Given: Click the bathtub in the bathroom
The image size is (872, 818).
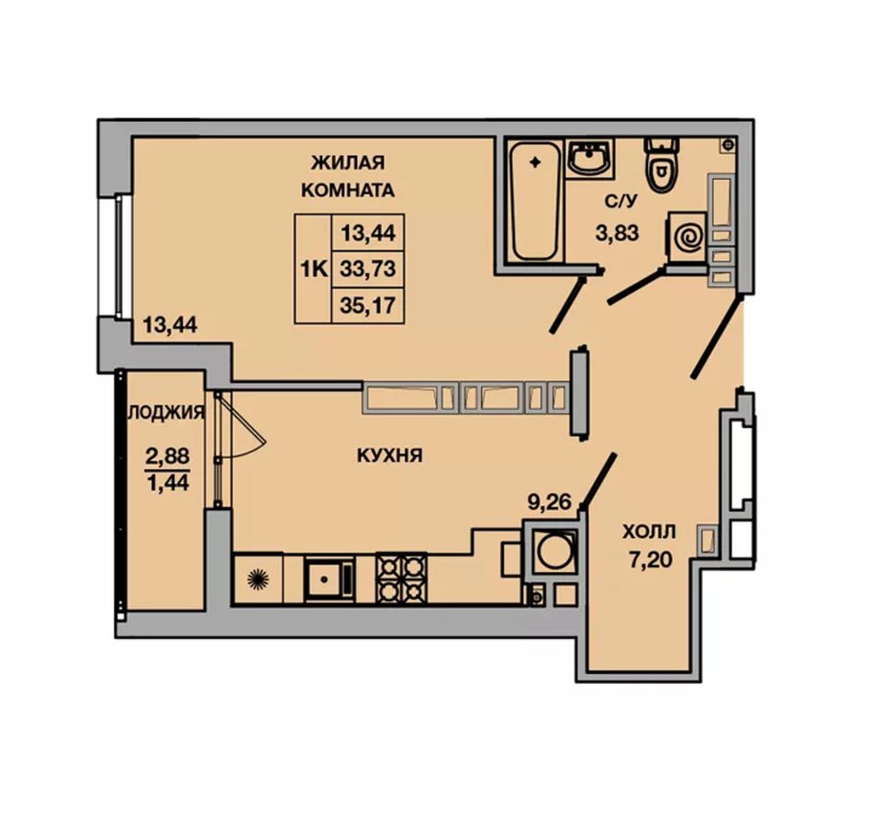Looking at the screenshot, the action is (x=535, y=201).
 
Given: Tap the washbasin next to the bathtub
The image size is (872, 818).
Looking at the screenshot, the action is (x=590, y=158).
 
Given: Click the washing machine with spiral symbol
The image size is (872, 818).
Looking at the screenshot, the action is (x=688, y=236).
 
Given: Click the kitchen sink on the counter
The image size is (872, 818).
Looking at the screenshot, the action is (x=329, y=578).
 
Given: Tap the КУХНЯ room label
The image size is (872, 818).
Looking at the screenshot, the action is (x=389, y=456).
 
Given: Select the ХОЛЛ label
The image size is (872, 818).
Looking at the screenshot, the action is (x=649, y=532).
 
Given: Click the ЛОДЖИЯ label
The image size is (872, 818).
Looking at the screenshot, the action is (x=166, y=412).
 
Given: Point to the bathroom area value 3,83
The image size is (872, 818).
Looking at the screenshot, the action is (x=618, y=233).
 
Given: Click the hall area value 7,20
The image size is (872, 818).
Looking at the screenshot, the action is (x=650, y=560).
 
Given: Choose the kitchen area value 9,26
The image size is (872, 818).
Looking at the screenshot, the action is (x=550, y=502).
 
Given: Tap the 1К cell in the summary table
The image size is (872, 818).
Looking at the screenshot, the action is (x=312, y=269).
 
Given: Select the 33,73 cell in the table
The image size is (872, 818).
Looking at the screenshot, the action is (x=367, y=269).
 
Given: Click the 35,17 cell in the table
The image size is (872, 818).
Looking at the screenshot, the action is (x=367, y=306).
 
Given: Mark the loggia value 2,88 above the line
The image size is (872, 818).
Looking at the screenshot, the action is (x=167, y=456).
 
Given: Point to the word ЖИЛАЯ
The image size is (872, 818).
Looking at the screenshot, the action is (x=348, y=162).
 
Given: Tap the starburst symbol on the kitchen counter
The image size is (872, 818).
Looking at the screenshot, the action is (x=258, y=579).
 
